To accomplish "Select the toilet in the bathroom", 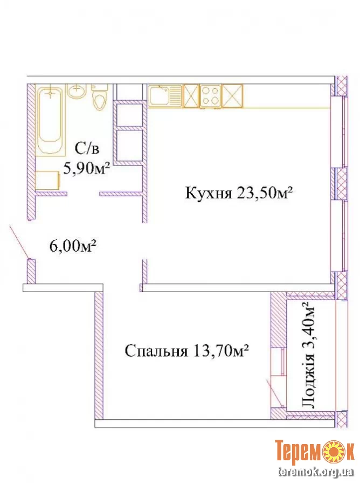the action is (x=99, y=97).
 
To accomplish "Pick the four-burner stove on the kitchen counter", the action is (x=210, y=96).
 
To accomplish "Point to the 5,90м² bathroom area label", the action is (x=87, y=169).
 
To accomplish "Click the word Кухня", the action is (x=209, y=194).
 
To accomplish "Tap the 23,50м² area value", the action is (x=265, y=193).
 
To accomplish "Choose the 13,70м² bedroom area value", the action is (x=221, y=351).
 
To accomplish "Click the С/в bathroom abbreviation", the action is (x=87, y=149).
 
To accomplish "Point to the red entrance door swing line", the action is (x=20, y=242).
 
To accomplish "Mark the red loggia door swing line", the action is (x=274, y=393).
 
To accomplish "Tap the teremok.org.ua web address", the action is (x=316, y=472).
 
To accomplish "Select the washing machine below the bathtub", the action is (x=48, y=181).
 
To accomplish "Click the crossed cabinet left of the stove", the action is (x=191, y=96).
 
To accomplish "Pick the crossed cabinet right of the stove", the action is (x=232, y=96).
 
